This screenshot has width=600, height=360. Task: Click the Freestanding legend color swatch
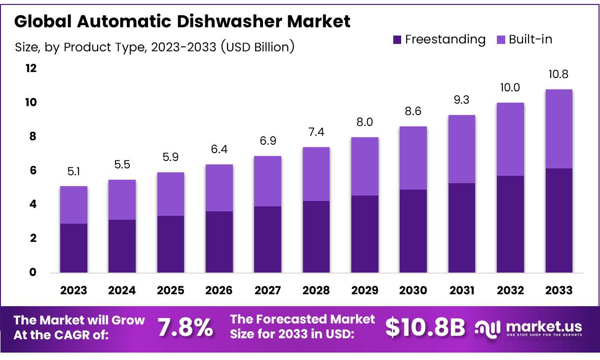pos(397,40)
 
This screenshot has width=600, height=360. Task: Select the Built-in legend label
pos(530,40)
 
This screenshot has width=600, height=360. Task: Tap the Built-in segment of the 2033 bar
pos(559,129)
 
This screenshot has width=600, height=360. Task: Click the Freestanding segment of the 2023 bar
pos(74,248)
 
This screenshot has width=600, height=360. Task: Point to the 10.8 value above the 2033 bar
pos(559,75)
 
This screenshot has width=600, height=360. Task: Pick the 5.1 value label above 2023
pos(74,171)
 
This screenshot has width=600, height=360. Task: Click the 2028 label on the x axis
pos(316,290)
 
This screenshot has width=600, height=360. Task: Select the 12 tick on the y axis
pos(31,68)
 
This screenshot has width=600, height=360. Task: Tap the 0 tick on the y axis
pos(33,272)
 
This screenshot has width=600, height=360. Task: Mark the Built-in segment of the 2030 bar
pos(413,158)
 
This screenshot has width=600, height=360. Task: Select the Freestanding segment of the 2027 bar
pos(267,240)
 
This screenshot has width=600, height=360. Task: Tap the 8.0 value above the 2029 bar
pos(365,122)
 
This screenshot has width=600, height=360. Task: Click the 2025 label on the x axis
pos(171,290)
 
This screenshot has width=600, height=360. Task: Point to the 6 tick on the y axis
pos(33,170)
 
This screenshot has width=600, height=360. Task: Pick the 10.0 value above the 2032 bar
pos(510,88)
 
